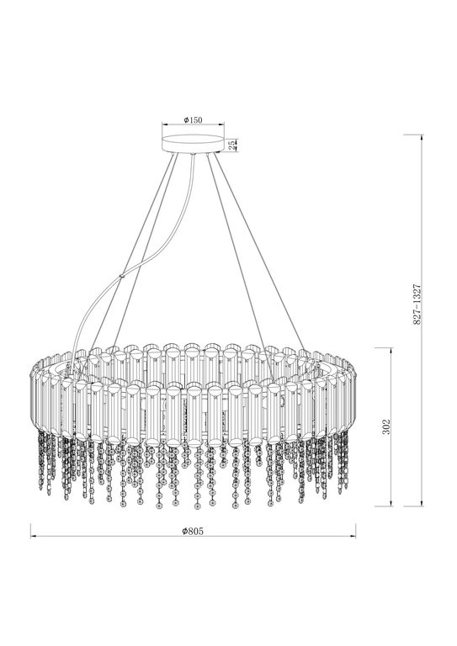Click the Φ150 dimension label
tap(194, 121)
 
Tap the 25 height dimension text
tap(233, 145)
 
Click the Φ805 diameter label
tap(193, 532)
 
